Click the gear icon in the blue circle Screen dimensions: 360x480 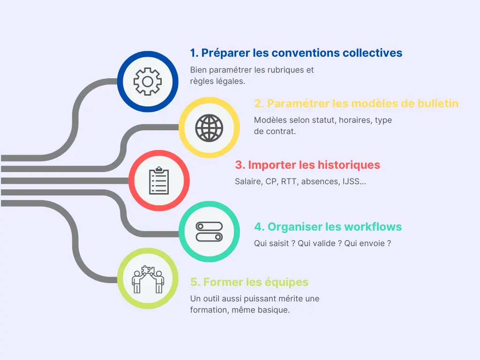(147, 82)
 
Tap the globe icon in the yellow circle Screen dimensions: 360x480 (209, 127)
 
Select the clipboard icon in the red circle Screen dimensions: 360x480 (158, 180)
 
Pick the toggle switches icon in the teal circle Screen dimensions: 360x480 (209, 232)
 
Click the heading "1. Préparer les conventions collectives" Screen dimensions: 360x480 (296, 52)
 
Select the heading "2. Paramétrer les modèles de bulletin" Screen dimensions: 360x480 (356, 104)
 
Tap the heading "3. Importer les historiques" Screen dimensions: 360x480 (307, 165)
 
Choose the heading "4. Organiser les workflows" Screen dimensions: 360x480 (328, 227)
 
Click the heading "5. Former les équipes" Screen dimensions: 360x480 (249, 282)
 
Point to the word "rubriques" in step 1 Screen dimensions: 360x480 (289, 70)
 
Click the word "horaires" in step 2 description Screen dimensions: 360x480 (356, 120)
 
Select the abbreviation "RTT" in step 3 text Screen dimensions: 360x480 (289, 181)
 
